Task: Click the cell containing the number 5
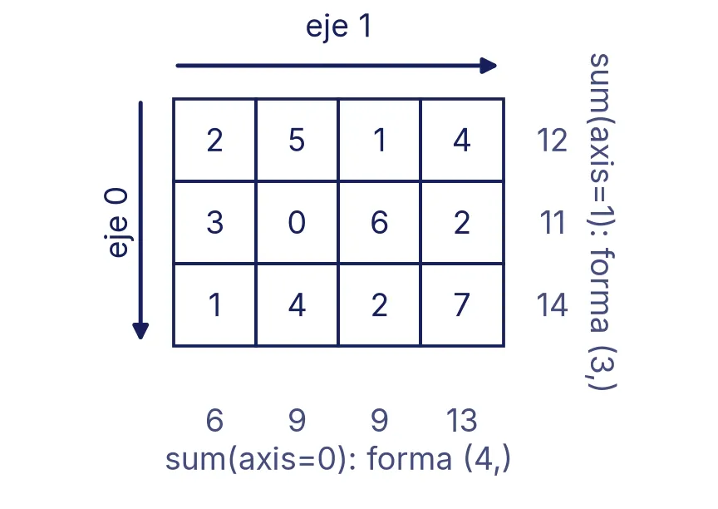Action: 297,140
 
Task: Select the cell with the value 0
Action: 297,222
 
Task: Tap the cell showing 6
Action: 379,222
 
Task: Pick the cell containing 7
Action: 462,304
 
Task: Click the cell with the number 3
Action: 214,222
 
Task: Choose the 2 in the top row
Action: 214,140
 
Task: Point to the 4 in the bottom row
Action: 297,304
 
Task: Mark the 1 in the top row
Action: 379,140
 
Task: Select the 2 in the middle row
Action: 462,222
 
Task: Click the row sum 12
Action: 553,141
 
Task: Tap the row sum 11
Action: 553,223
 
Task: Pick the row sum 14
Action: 553,305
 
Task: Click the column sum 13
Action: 461,420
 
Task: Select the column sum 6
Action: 214,420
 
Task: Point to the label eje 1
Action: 338,27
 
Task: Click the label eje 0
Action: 116,223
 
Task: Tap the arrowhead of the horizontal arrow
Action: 488,66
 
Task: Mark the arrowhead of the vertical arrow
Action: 140,331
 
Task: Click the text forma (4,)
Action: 439,460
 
